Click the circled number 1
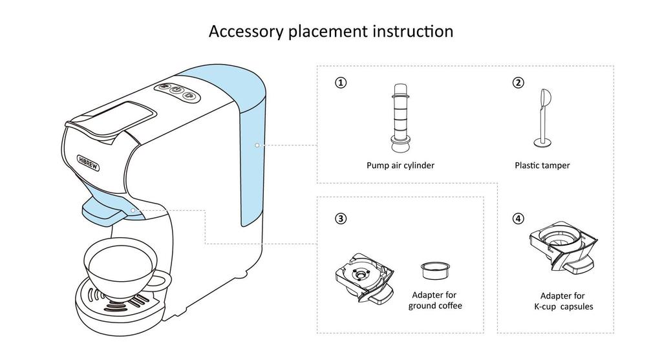coord(341,83)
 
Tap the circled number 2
coord(518,83)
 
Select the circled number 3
coord(341,218)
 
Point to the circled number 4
coord(518,218)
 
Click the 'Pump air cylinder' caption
coord(400,165)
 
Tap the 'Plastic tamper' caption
coord(542,165)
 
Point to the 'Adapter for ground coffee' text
coord(435,301)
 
